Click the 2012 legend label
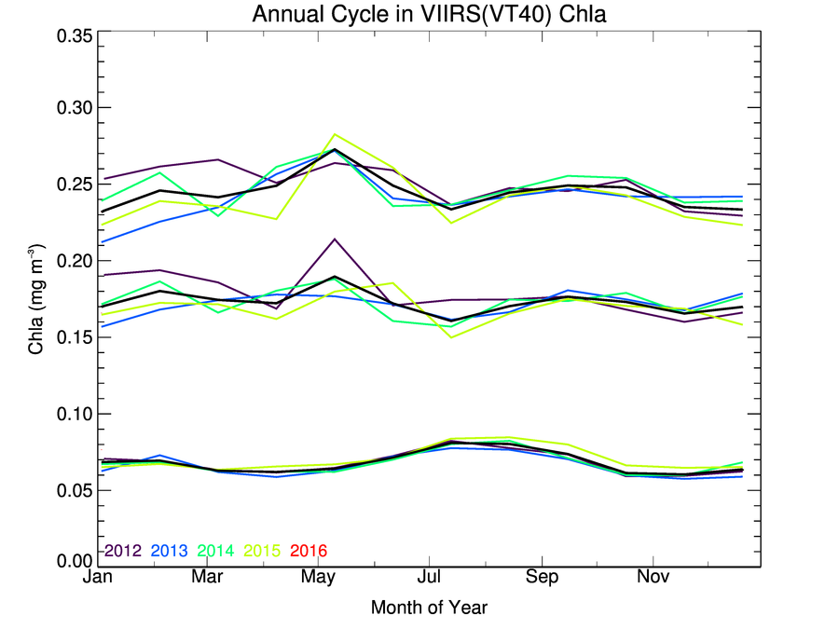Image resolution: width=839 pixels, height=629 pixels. click(x=122, y=551)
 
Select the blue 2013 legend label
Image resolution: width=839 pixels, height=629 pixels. click(x=169, y=551)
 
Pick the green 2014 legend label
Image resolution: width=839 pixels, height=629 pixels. click(x=216, y=551)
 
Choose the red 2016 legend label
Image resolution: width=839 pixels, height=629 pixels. click(x=309, y=551)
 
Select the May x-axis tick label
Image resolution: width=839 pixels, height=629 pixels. click(x=319, y=579)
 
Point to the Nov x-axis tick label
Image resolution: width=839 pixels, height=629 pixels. click(x=653, y=579)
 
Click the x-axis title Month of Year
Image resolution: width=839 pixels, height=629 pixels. click(x=428, y=608)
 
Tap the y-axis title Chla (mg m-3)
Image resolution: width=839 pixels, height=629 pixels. click(x=35, y=298)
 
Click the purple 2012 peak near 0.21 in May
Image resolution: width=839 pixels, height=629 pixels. click(x=335, y=239)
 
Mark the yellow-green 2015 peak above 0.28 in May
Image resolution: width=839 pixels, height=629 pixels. click(x=335, y=134)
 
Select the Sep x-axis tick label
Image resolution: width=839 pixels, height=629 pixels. click(x=542, y=579)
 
